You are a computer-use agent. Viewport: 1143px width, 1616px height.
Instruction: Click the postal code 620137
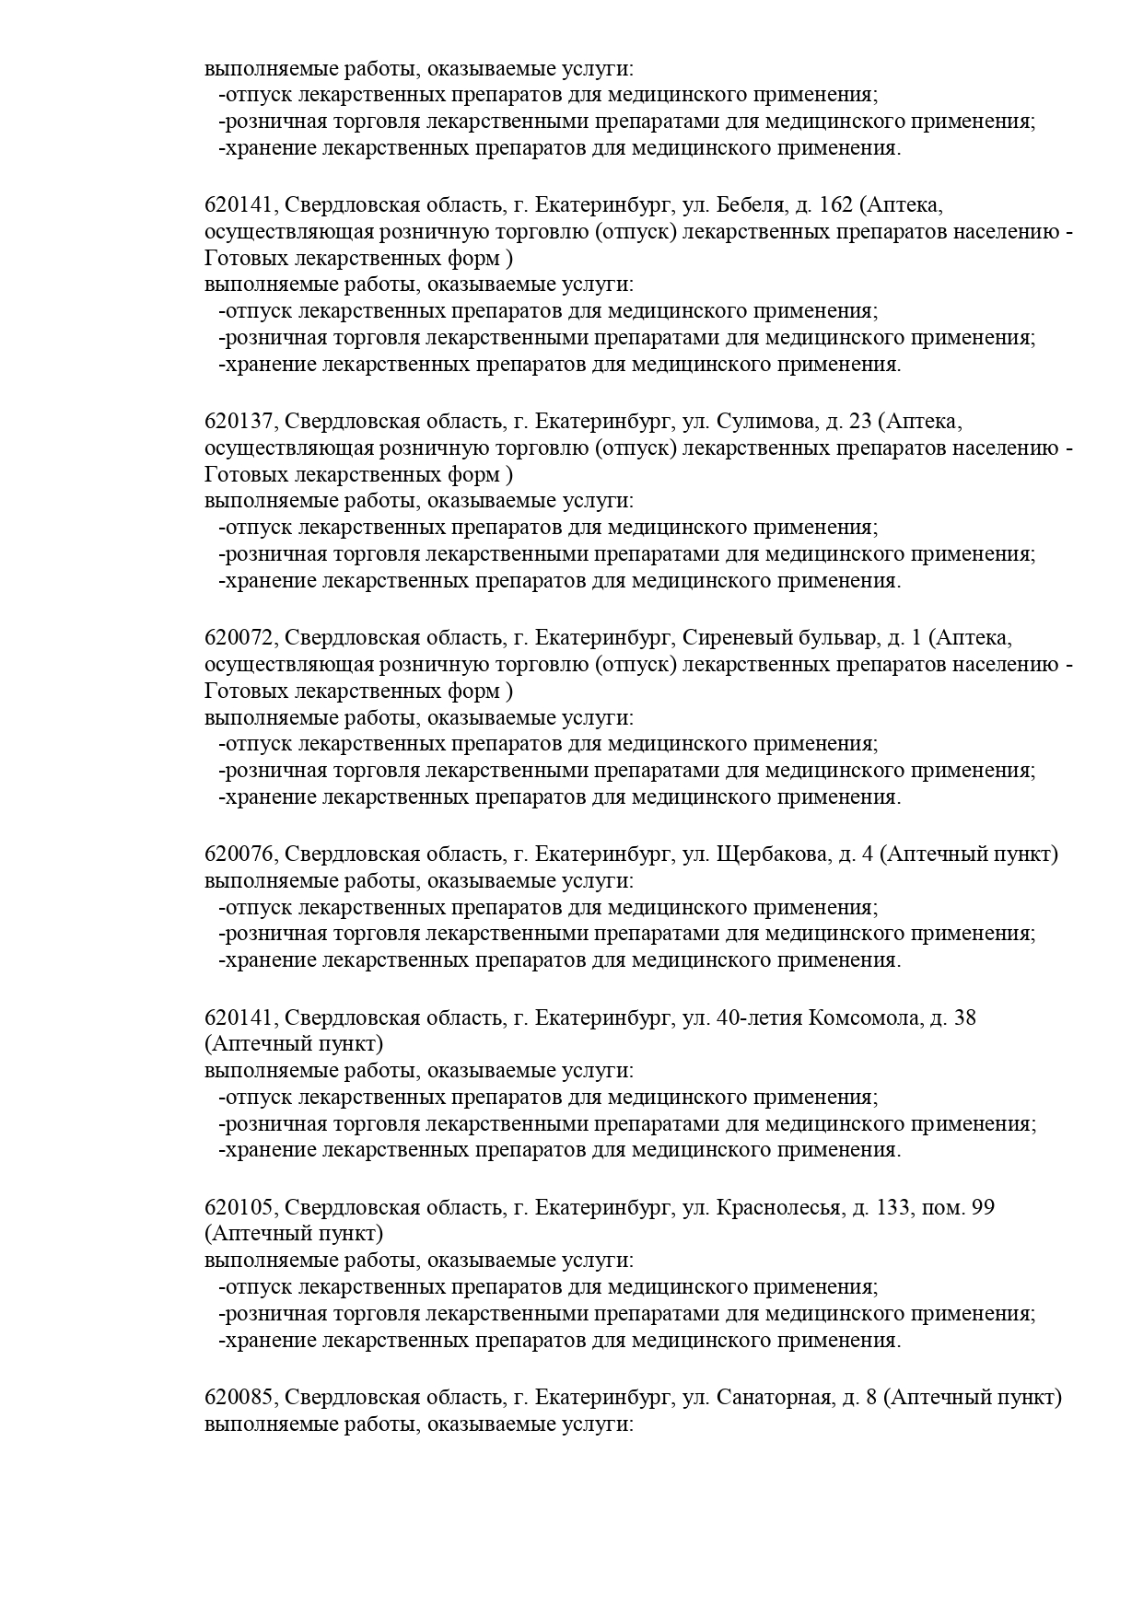click(239, 422)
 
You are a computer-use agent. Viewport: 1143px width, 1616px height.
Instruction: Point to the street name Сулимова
click(764, 422)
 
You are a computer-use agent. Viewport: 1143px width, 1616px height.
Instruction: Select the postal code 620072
click(239, 638)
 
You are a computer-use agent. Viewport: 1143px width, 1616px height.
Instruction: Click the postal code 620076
click(239, 855)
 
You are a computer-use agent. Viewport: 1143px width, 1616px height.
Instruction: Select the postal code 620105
click(239, 1207)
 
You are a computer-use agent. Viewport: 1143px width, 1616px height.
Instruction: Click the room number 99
click(982, 1207)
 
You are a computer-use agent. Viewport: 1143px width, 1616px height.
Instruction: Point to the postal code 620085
click(239, 1398)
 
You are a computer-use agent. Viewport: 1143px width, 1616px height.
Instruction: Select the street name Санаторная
click(774, 1398)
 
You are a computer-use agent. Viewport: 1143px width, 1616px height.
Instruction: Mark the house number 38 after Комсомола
click(964, 1017)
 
